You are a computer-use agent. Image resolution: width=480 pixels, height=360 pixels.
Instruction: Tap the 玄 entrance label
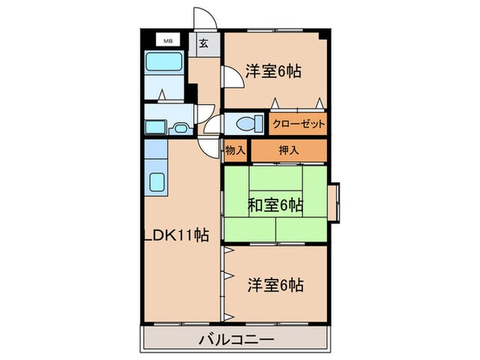point(204,43)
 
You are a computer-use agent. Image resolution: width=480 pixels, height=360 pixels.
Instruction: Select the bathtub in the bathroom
point(162,67)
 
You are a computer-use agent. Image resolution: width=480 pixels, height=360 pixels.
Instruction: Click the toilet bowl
point(246,124)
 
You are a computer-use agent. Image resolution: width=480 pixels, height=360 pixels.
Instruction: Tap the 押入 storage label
point(289,150)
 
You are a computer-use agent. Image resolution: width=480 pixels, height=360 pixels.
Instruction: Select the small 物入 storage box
point(235,150)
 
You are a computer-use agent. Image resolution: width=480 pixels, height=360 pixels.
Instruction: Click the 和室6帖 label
point(274,204)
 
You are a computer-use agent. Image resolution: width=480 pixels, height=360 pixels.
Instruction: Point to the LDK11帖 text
point(178,235)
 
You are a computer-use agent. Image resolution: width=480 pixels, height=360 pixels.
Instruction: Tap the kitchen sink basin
point(157,183)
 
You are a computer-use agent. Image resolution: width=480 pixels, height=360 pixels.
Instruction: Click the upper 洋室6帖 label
point(274,71)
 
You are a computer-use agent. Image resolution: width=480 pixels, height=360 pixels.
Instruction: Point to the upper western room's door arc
point(231,76)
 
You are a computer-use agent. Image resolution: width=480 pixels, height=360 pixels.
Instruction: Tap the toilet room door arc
point(215,125)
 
